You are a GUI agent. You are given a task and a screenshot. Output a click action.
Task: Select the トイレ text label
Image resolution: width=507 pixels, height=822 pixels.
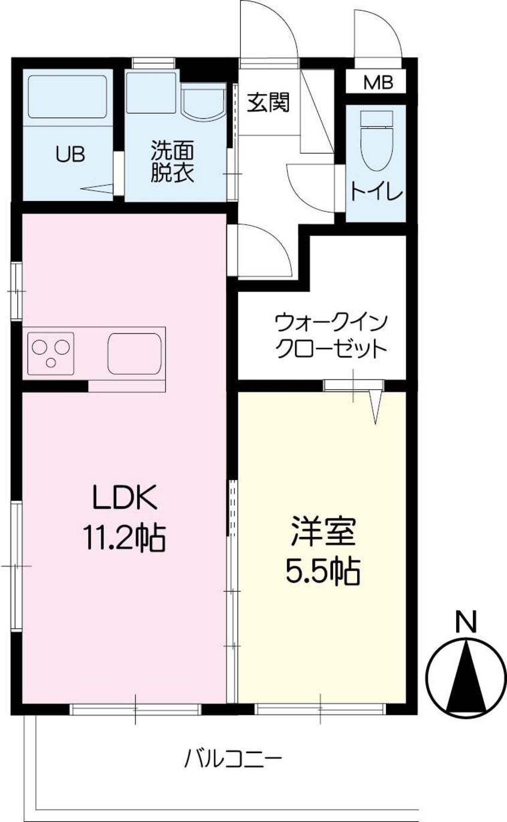pos(376,192)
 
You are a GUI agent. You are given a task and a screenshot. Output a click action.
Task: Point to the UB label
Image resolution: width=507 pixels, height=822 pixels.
pos(70,154)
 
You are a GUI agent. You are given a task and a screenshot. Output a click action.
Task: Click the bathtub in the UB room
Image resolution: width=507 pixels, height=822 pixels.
pos(67,96)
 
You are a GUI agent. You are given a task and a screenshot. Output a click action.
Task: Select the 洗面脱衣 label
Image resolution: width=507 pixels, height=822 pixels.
pos(172,161)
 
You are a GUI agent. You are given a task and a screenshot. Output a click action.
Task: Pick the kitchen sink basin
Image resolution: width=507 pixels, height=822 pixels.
pos(135,352)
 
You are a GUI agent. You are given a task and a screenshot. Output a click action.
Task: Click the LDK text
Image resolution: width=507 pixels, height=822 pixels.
pos(124,497)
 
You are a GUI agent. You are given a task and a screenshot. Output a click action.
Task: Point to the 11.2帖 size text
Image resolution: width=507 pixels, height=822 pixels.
pos(124,538)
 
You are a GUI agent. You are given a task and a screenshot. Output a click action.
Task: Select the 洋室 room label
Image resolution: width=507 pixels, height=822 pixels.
pos(323,532)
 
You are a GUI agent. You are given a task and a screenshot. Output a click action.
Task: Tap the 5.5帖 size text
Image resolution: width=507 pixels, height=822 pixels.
pos(322,574)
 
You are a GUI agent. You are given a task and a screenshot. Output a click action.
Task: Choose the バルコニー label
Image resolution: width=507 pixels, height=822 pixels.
pos(232,760)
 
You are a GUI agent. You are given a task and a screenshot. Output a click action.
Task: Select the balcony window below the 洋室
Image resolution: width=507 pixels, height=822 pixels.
pos(320,709)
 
